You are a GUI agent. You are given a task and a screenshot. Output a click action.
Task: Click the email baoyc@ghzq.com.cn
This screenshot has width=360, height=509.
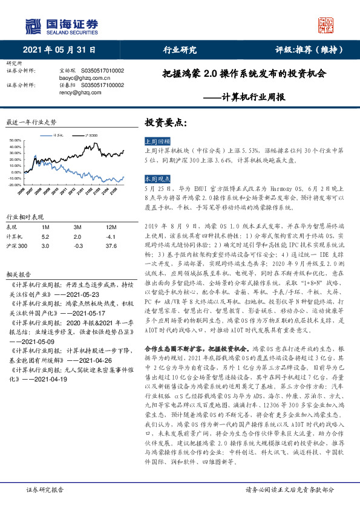point(78,78)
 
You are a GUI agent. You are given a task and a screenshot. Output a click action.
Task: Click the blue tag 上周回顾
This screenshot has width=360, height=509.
point(157,140)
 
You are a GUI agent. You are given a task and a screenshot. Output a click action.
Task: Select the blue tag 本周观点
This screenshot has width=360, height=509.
point(157,180)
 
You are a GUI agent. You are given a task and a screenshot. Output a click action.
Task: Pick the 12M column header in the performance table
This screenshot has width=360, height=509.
point(110,226)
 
